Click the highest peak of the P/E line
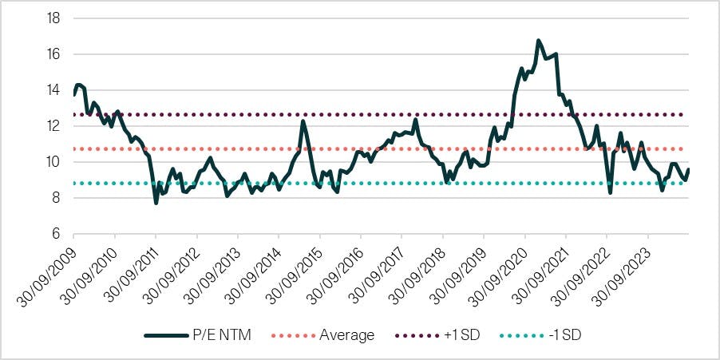point(539,40)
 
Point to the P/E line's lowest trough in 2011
point(156,203)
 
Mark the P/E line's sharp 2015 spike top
point(303,121)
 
